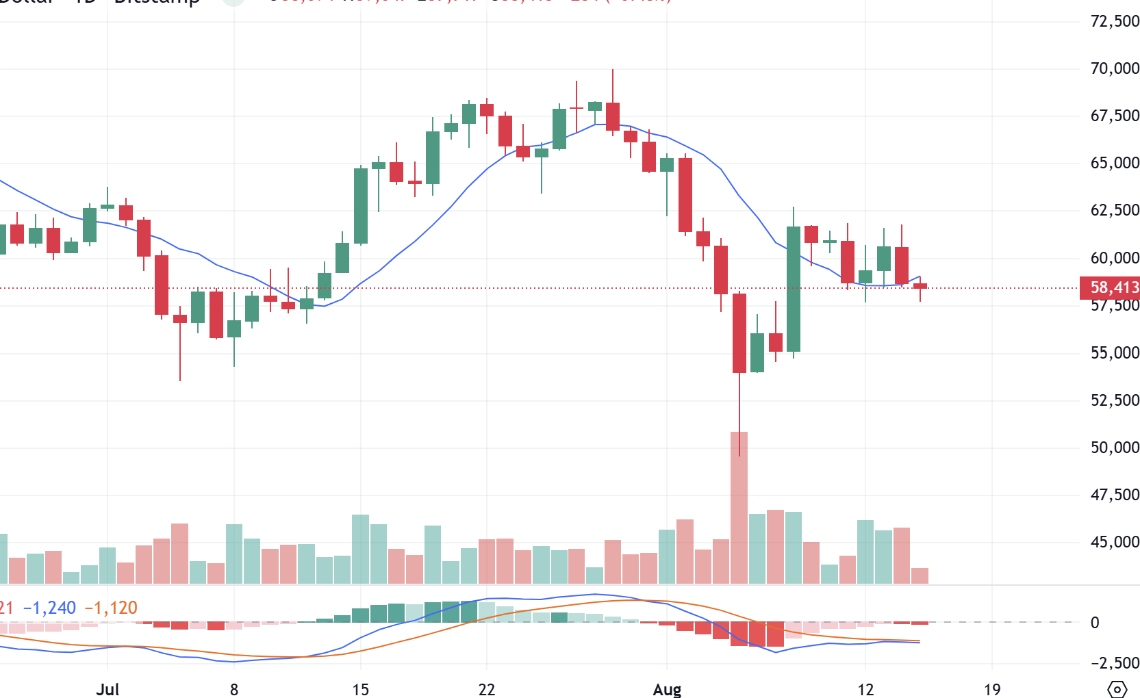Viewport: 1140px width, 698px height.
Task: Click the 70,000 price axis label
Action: tap(1114, 68)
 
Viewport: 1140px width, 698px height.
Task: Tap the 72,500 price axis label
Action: tap(1114, 21)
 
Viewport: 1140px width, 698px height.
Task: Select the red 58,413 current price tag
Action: tap(1110, 287)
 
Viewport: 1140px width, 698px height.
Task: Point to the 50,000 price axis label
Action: tap(1114, 448)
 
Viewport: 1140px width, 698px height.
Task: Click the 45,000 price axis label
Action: tap(1114, 542)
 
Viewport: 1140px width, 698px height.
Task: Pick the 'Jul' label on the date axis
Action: tap(107, 689)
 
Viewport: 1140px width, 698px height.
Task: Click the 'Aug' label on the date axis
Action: tap(667, 689)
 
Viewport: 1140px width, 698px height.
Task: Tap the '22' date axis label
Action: tap(486, 689)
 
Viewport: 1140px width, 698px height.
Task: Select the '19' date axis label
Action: tap(991, 689)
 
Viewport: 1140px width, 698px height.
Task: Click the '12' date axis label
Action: tap(865, 689)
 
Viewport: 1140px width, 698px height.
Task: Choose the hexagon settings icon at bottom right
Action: tap(1117, 689)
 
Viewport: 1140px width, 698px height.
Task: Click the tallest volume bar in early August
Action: tap(739, 508)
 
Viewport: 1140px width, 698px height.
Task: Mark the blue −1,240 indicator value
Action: tap(49, 608)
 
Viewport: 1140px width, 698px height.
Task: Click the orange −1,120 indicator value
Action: tap(111, 608)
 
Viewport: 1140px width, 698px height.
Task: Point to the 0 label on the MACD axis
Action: tap(1095, 623)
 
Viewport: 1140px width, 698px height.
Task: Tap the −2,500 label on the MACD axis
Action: tap(1114, 663)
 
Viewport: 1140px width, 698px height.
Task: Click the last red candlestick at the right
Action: tap(920, 286)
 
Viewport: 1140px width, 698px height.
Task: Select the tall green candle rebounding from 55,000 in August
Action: tap(794, 289)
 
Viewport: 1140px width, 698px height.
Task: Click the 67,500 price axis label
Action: tap(1114, 116)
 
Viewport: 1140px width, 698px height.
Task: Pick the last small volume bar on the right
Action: tap(920, 576)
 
